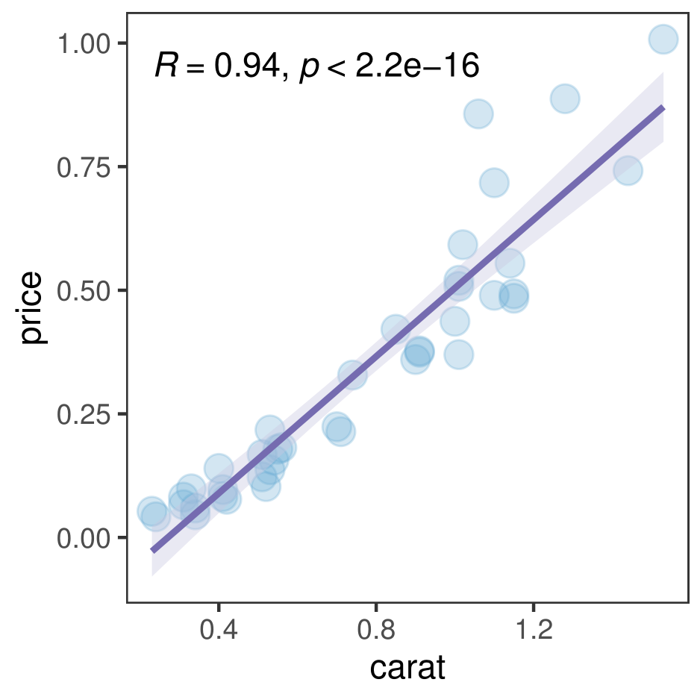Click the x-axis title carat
tap(407, 668)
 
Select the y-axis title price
tap(33, 309)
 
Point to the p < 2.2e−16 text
tap(389, 67)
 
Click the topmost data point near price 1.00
tap(663, 39)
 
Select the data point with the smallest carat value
tap(151, 511)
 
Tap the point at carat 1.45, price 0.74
tap(628, 170)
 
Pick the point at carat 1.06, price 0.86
tap(478, 114)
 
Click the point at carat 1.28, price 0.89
tap(565, 98)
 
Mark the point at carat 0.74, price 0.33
tap(353, 375)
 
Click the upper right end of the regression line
tap(663, 108)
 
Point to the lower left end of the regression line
tap(152, 550)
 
